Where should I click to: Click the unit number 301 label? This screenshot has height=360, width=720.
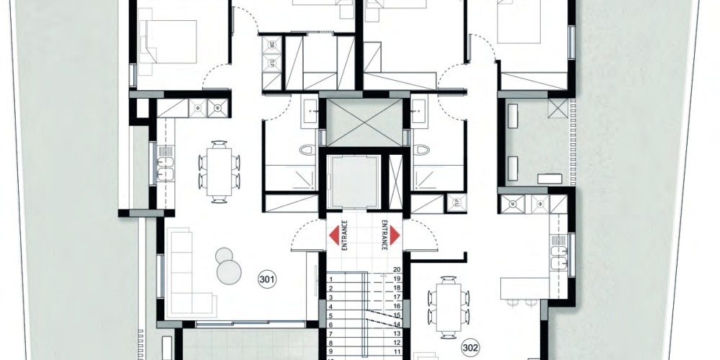click(267, 279)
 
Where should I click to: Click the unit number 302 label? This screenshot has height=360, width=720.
click(470, 348)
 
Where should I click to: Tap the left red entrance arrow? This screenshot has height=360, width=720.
click(334, 235)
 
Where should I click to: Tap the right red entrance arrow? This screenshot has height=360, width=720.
click(395, 235)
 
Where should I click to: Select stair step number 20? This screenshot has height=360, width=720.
click(397, 270)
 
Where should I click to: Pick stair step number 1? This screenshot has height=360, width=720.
click(331, 279)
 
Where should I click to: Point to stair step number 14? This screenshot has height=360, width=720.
click(397, 324)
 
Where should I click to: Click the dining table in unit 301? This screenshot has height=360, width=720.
click(219, 172)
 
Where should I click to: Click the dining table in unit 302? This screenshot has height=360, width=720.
click(449, 308)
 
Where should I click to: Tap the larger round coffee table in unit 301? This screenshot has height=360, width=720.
click(229, 272)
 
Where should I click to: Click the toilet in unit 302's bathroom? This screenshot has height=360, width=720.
click(421, 150)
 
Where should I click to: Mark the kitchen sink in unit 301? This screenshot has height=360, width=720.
click(166, 168)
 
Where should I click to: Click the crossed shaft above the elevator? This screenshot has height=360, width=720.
click(364, 122)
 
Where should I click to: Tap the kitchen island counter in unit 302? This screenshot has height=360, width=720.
click(525, 288)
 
